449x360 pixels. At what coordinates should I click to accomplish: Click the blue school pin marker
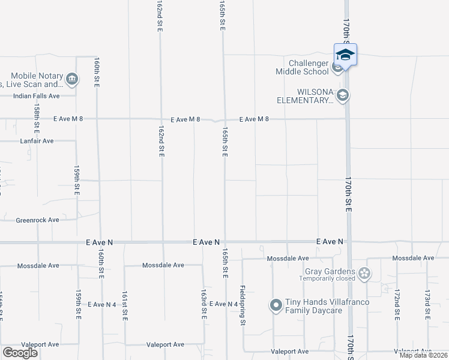[345, 55]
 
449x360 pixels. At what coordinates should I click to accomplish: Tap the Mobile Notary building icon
[71, 79]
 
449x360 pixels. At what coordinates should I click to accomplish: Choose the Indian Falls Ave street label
[37, 96]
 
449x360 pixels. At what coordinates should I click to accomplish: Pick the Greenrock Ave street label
[37, 220]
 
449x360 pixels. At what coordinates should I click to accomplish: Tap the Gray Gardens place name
[330, 271]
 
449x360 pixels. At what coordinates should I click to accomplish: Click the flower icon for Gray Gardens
[364, 274]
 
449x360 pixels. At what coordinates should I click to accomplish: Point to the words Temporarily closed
[328, 279]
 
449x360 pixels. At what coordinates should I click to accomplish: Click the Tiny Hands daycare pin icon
[276, 306]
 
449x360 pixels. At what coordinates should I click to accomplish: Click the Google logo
[20, 353]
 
